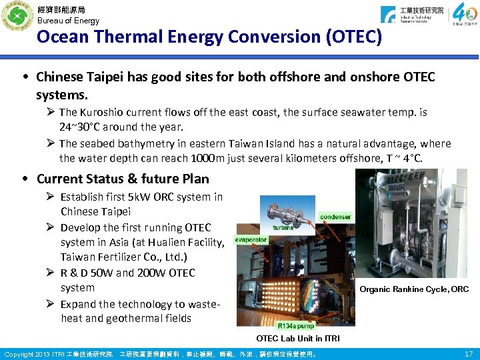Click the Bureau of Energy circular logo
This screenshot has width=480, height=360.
tap(17, 17)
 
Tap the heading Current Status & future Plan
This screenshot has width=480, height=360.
tap(123, 179)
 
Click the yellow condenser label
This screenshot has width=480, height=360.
tap(335, 217)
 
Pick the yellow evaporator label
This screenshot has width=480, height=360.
tap(251, 239)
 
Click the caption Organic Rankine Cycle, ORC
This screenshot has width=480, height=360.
tap(413, 289)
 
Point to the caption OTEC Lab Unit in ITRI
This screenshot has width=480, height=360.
tap(298, 339)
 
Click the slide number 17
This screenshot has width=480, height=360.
tap(468, 353)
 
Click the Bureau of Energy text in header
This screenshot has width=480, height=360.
tap(68, 21)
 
